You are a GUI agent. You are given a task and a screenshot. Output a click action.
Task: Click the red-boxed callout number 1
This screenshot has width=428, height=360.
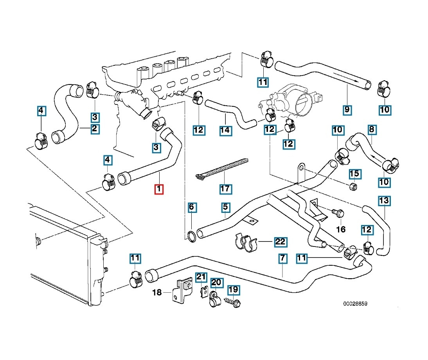[159, 189]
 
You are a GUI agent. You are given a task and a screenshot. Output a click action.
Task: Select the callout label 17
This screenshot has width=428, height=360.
[226, 189]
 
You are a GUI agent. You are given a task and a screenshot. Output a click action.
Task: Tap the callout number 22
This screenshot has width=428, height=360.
[281, 241]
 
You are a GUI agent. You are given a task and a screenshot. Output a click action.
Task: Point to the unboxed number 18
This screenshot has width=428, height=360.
[157, 292]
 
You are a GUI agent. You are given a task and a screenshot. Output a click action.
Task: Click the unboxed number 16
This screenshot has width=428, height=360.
[341, 229]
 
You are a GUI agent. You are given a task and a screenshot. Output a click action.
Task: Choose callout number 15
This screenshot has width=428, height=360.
[354, 174]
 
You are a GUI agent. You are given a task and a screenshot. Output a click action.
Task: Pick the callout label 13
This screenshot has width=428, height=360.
[384, 201]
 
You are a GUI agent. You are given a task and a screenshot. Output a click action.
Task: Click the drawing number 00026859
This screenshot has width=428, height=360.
[355, 304]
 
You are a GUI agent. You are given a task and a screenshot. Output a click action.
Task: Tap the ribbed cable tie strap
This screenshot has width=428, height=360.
[222, 169]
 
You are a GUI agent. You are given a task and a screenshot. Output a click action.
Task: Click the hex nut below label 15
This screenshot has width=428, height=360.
[353, 187]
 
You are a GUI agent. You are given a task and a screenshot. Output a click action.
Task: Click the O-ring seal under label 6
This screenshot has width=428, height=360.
[192, 236]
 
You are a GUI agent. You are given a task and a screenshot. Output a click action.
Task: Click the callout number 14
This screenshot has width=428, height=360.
[226, 130]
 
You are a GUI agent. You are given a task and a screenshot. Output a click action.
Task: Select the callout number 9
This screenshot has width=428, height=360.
[347, 110]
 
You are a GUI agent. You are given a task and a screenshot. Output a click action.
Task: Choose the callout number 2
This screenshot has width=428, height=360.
[95, 129]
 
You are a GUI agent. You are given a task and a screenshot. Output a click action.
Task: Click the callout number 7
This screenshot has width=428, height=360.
[282, 258]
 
